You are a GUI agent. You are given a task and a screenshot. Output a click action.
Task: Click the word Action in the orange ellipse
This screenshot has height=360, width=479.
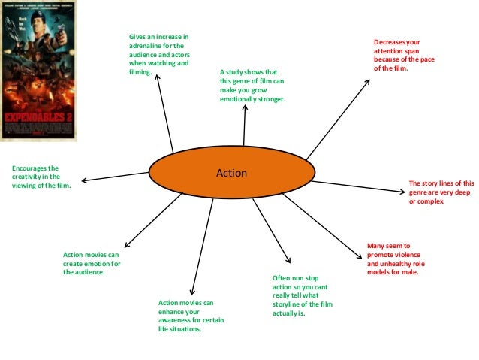[231, 174]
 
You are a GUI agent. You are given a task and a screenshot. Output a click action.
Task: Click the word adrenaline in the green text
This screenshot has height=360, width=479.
[147, 46]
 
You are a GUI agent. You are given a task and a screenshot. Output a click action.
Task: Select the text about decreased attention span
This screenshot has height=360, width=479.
[399, 54]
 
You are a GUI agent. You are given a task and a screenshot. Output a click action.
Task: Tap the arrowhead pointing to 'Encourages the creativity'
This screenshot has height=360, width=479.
[83, 180]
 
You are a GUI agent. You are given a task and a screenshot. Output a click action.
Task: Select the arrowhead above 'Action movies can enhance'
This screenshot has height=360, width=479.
[193, 292]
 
